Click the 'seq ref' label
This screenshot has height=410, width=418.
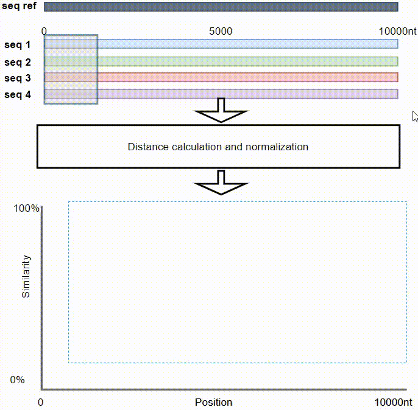point(19,6)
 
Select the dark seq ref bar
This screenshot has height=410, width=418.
point(221,7)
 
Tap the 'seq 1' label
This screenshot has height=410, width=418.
point(17,44)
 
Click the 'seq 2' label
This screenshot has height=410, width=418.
point(17,62)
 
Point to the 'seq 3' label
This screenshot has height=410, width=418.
point(17,78)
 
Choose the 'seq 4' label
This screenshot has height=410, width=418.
point(17,94)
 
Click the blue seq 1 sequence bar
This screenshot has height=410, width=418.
point(221,44)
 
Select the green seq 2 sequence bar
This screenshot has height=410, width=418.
point(221,61)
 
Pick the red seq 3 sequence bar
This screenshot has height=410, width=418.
point(221,77)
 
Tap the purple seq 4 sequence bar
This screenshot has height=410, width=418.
point(221,94)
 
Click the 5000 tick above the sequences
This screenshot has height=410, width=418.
point(221,32)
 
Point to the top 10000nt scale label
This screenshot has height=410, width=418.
point(397,32)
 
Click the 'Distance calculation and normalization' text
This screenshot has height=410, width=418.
point(218,147)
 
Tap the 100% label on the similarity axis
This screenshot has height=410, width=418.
point(26,208)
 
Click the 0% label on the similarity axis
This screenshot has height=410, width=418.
point(17,380)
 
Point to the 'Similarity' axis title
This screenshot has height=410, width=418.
point(26,276)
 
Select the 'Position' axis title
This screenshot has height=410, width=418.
point(213,402)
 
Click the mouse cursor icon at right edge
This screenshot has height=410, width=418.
point(415,117)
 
